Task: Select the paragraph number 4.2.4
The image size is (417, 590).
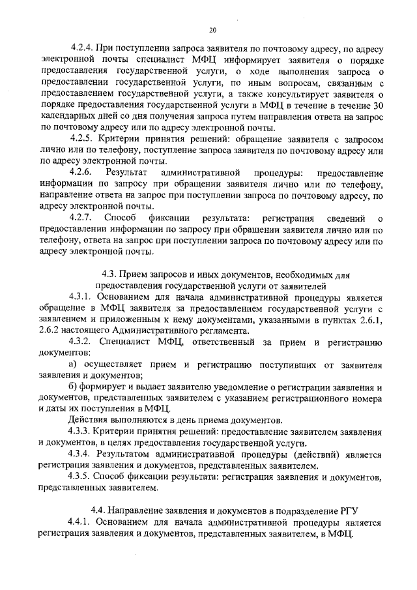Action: pyautogui.click(x=83, y=48)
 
